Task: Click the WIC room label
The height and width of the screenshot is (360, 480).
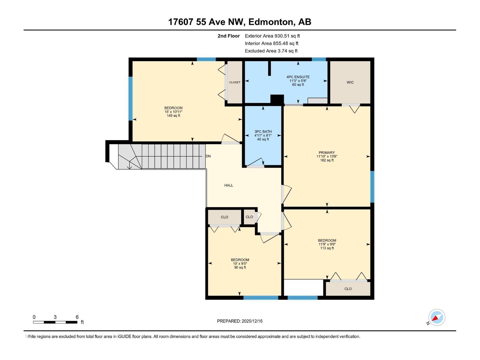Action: [x=350, y=82]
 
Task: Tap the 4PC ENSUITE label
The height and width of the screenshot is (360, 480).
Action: [x=298, y=77]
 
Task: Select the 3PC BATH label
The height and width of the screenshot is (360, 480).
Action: [x=263, y=131]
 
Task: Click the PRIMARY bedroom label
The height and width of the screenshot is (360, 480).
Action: [x=327, y=152]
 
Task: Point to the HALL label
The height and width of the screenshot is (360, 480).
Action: [x=229, y=185]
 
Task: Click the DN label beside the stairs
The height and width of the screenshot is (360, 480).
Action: [x=208, y=156]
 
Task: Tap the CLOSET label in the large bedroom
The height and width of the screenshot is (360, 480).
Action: [x=235, y=82]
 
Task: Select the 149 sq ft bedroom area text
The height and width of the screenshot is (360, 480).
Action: [x=173, y=116]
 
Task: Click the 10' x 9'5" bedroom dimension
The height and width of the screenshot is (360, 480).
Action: [x=240, y=264]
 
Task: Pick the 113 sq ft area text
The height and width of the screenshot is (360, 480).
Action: [x=327, y=248]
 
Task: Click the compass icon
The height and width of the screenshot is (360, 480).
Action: [x=436, y=317]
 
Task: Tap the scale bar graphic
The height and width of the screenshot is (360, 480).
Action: [x=55, y=322]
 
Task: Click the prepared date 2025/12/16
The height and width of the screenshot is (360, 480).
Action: [x=240, y=321]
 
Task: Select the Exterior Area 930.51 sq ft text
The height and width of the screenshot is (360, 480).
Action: [x=272, y=36]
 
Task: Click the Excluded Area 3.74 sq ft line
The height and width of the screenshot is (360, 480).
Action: [x=271, y=51]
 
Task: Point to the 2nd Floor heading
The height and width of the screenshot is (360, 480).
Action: [x=229, y=36]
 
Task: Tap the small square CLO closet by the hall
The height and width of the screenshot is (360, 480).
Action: [x=249, y=217]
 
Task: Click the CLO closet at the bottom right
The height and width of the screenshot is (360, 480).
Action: [x=348, y=289]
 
